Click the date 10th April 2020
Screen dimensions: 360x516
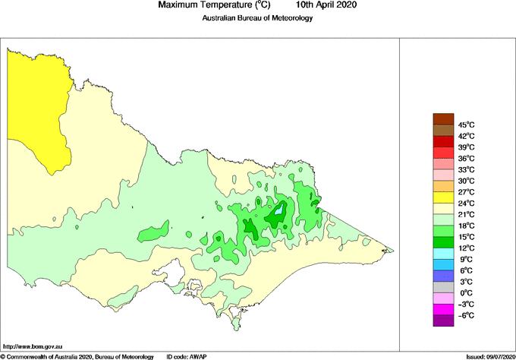click(x=327, y=5)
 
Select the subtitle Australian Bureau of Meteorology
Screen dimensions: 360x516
click(x=257, y=18)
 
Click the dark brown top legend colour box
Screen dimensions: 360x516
click(x=442, y=118)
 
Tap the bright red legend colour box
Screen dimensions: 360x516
click(x=442, y=141)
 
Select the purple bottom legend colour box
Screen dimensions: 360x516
click(x=442, y=321)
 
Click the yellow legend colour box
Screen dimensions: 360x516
click(x=442, y=197)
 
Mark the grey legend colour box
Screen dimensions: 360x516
click(x=442, y=288)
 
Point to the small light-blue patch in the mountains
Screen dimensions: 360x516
click(x=279, y=208)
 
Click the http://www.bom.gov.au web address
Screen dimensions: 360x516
click(x=34, y=346)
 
